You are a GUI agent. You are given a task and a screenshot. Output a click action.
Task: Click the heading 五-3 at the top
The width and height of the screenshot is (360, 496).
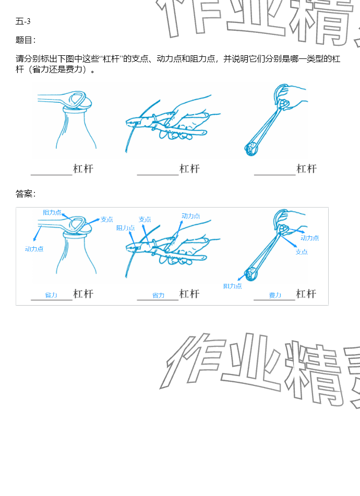point(23,21)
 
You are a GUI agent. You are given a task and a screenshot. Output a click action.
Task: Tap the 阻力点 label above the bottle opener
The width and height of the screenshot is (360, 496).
point(52,213)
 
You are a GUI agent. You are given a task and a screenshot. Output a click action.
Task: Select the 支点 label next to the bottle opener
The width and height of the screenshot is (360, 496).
point(107,219)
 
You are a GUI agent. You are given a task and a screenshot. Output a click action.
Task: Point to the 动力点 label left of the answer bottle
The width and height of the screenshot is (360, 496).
point(34,249)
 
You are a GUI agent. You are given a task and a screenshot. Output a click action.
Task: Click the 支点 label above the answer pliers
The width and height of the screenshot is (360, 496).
point(145,219)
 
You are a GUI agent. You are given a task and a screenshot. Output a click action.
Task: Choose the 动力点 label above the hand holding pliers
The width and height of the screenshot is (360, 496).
point(191,216)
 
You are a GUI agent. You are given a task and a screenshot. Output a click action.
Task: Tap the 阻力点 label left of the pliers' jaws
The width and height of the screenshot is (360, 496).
point(126,228)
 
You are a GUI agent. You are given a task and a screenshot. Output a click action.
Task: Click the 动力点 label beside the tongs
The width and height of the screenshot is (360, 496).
point(310,237)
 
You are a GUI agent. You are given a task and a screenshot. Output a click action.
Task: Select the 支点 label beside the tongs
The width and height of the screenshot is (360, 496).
point(302,252)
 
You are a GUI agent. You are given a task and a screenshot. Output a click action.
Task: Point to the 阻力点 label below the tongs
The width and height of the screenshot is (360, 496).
point(233,286)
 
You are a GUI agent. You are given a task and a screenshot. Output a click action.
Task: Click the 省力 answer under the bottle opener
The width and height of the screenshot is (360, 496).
point(51,295)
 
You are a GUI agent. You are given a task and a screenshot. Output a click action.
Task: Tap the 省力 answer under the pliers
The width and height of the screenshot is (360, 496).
point(158,295)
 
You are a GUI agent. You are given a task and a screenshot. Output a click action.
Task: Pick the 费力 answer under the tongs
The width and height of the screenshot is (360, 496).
point(275,295)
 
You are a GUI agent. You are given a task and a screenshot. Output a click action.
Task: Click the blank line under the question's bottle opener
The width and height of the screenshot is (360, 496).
point(52,174)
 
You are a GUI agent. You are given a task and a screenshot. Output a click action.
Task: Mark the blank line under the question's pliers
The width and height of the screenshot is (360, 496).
point(158,174)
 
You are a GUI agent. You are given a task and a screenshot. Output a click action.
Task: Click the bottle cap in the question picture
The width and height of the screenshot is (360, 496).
point(76,108)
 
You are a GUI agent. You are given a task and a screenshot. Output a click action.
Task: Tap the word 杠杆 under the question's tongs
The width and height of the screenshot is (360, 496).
point(307,168)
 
